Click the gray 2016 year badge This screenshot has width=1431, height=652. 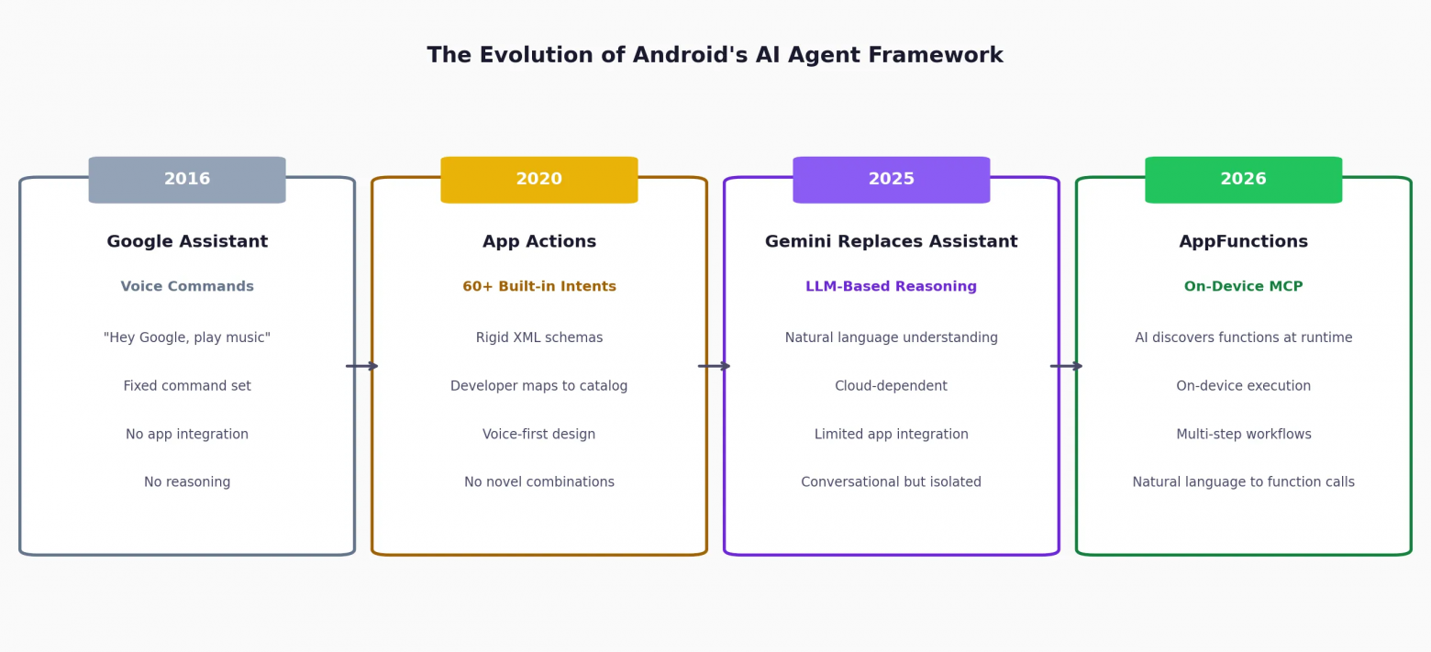point(187,180)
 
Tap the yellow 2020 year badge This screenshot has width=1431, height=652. point(539,180)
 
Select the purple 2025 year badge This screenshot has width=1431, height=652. point(892,180)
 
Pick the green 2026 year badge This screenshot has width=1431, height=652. point(1243,180)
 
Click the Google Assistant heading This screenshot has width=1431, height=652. point(187,241)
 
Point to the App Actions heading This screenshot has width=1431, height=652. point(539,241)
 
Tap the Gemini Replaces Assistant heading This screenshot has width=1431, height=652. point(892,241)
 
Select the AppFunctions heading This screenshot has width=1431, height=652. point(1243,241)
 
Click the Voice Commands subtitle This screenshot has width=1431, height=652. point(187,286)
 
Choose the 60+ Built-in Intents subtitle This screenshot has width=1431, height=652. point(539,286)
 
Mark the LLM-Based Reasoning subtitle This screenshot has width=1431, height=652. point(892,286)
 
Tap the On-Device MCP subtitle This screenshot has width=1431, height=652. point(1243,286)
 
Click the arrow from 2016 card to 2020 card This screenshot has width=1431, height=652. point(362,366)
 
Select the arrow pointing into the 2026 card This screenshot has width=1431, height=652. point(1066,366)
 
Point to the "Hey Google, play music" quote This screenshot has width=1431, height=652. point(187,337)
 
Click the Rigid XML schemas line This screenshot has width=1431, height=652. point(539,337)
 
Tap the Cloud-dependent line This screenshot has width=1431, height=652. point(892,386)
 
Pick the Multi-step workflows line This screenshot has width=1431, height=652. point(1243,435)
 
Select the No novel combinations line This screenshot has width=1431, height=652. point(539,482)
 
